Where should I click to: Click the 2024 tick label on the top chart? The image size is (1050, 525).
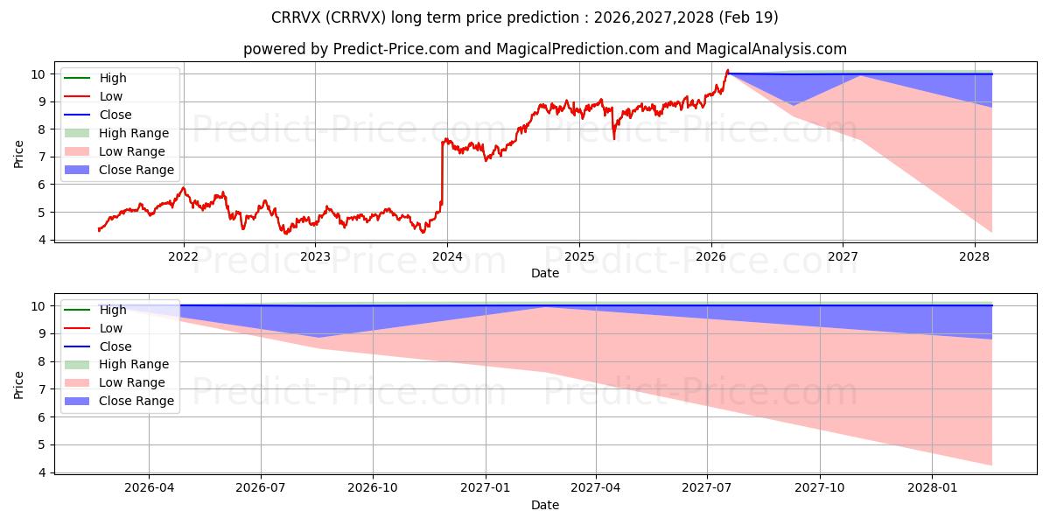(447, 256)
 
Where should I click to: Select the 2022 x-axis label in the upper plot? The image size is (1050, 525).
(183, 256)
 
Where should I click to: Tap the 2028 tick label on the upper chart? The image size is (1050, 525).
(975, 256)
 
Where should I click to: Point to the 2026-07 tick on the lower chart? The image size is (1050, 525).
(261, 487)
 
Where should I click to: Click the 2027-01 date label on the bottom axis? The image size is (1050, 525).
(485, 487)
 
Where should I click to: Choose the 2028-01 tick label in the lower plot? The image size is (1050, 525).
(932, 487)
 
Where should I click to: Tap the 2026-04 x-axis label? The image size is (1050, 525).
(149, 487)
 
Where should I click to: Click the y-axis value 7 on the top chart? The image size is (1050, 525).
(42, 157)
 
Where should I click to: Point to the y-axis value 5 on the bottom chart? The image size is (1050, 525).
(42, 444)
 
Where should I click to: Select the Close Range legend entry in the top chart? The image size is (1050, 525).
(119, 170)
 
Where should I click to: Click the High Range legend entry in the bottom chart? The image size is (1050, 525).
(116, 364)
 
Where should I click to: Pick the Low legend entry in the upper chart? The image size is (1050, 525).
(94, 96)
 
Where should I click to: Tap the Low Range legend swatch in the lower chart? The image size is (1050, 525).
(77, 382)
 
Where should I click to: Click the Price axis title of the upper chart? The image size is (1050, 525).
(18, 154)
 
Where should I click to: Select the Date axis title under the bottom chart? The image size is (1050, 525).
(545, 505)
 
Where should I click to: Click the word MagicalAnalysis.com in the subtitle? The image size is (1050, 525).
(772, 49)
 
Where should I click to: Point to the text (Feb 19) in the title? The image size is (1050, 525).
(749, 17)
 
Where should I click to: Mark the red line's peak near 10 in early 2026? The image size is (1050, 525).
(727, 70)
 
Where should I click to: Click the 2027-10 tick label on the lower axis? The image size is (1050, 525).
(820, 487)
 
